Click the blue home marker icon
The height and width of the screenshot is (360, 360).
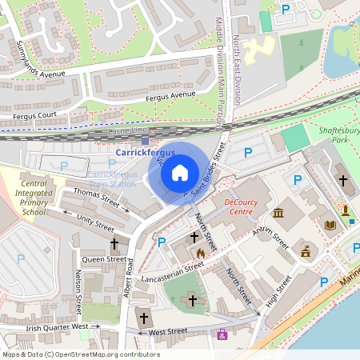[180, 172]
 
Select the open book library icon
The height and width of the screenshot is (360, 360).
[330, 226]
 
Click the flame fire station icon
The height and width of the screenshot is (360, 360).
[201, 253]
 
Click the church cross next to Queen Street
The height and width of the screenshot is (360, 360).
[114, 242]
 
